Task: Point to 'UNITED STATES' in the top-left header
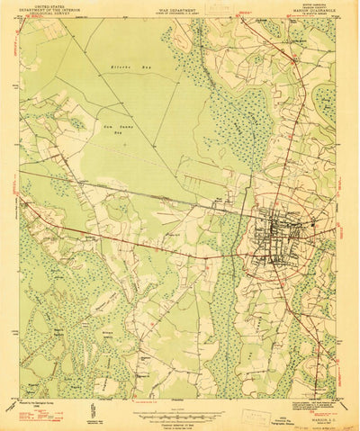46,6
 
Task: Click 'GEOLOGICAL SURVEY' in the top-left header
46,15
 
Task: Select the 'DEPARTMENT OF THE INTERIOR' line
46,11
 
